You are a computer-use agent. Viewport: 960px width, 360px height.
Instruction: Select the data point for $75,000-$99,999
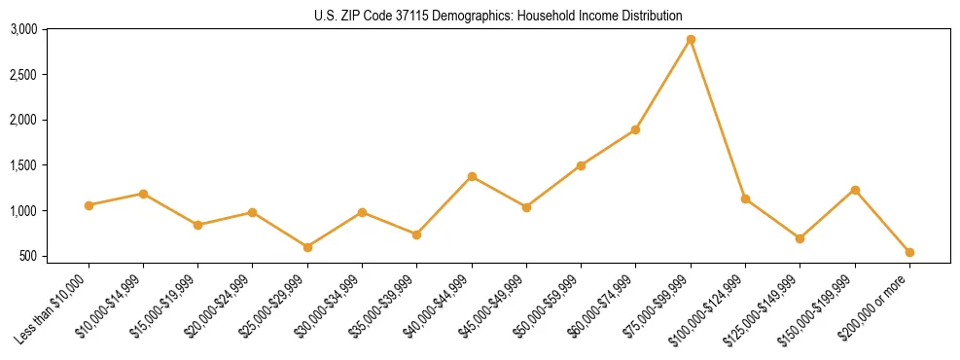tap(691, 39)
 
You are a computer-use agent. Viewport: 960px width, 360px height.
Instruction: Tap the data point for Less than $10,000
tap(89, 205)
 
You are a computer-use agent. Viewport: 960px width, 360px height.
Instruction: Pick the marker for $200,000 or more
tap(909, 252)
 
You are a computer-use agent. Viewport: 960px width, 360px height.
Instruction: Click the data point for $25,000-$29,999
tap(307, 247)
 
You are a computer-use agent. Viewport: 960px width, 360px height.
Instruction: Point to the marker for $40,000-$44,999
tap(472, 176)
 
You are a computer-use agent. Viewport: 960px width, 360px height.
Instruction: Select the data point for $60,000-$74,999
tap(635, 129)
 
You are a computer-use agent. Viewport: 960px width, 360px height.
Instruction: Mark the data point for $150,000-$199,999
tap(855, 190)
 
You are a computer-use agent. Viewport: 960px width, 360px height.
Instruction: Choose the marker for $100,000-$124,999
tap(745, 198)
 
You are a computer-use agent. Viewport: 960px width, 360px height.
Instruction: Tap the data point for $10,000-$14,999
tap(143, 194)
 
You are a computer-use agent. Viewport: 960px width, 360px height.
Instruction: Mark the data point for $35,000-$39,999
tap(416, 234)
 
